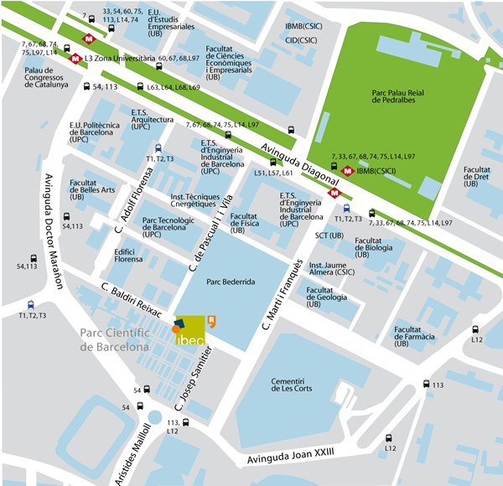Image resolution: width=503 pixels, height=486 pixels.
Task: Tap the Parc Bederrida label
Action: pos(230,283)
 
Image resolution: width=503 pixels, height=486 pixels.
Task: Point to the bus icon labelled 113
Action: pos(422,385)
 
